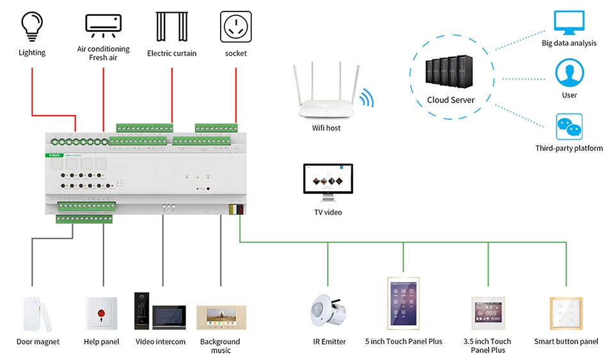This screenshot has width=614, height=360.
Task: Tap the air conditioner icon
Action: (x=103, y=24)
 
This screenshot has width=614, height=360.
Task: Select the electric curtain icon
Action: (x=171, y=26)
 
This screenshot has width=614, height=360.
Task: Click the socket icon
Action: (x=235, y=26)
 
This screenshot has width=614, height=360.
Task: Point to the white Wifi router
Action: (x=326, y=96)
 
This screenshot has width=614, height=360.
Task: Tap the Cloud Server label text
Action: (x=451, y=100)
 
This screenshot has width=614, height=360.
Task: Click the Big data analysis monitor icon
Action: (x=569, y=24)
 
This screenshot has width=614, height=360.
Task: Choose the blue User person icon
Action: (x=569, y=73)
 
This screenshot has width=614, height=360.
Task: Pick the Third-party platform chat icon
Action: (x=569, y=127)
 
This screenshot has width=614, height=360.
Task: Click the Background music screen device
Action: (x=220, y=318)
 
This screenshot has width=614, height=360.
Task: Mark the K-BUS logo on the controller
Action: (x=53, y=155)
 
